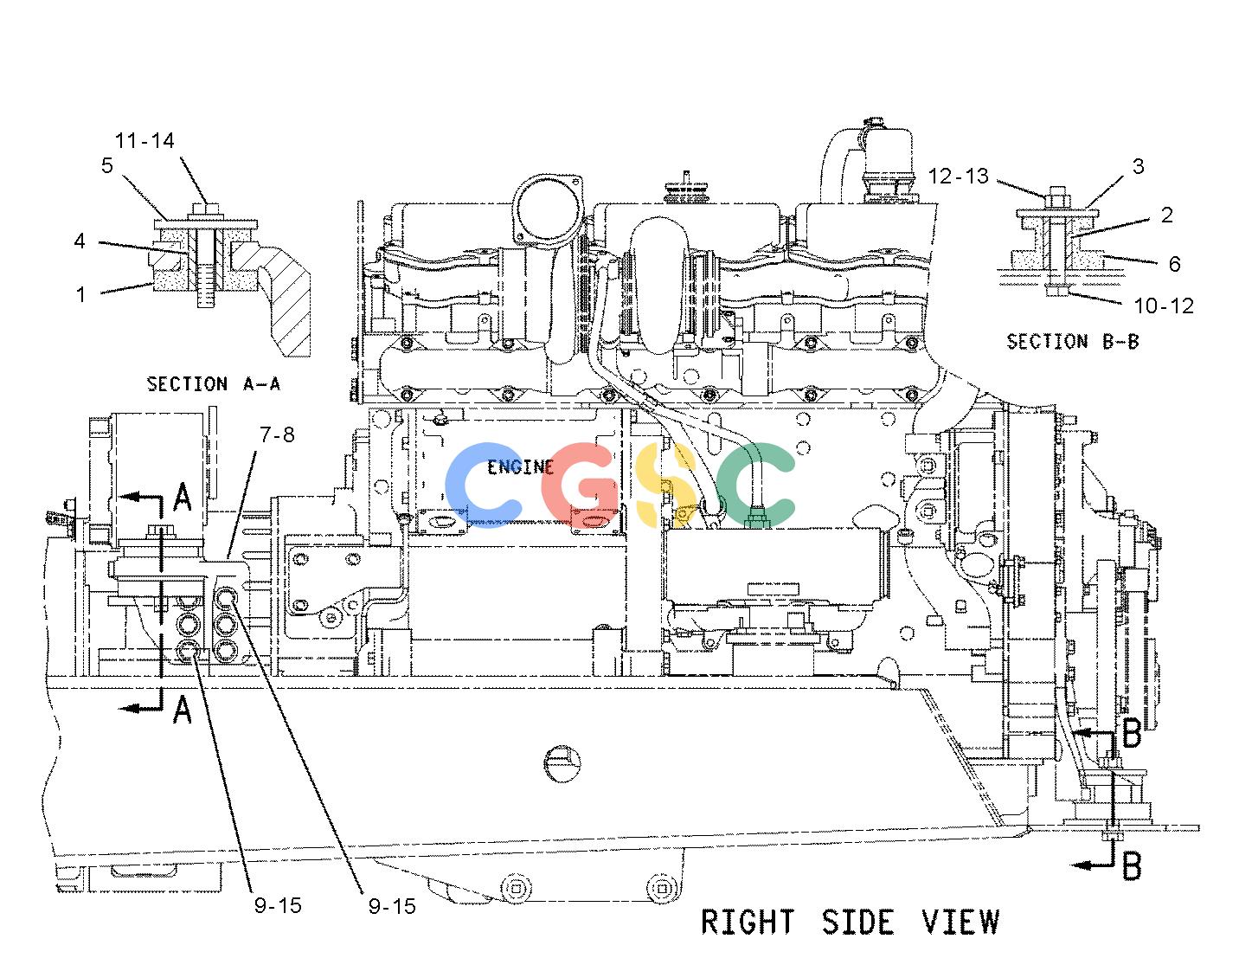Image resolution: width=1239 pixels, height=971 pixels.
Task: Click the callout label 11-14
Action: point(144,140)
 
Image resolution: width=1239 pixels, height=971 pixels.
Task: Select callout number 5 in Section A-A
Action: point(107,165)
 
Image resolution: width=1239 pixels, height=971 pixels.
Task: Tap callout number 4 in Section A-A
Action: point(80,241)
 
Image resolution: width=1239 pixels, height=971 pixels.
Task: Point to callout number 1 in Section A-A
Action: point(81,294)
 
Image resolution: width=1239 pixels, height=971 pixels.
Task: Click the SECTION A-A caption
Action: point(213,383)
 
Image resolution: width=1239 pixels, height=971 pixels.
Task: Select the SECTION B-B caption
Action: point(1073,342)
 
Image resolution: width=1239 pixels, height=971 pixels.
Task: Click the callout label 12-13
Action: point(959,177)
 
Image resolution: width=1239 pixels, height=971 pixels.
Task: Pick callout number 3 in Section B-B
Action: point(1138,166)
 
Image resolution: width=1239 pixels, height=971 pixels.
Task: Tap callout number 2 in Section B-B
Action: point(1167,215)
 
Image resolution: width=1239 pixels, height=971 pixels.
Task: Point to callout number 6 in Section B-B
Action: point(1175,264)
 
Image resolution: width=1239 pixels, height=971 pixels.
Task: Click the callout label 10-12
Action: point(1164,306)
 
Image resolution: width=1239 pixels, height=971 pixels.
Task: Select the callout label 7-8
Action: point(277,435)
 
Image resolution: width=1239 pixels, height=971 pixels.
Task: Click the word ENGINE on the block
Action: point(521,467)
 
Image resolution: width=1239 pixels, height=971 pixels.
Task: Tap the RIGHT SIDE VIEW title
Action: point(851,922)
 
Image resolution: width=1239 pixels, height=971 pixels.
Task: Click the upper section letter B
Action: point(1132,733)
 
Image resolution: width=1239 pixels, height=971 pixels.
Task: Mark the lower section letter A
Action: point(183,710)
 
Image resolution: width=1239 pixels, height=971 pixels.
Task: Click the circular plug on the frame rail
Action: point(562,763)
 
